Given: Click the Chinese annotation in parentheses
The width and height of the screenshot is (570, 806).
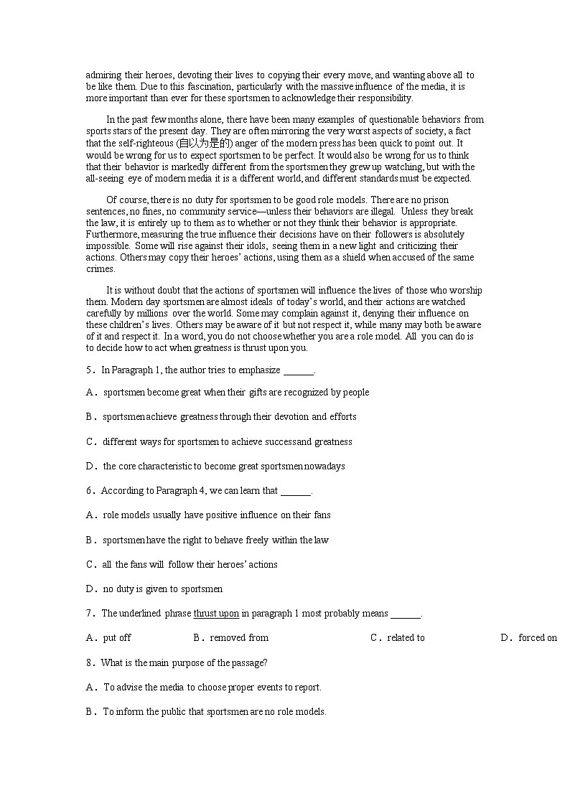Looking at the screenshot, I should (182, 144).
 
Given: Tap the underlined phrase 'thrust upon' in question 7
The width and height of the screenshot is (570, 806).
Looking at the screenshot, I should (216, 614).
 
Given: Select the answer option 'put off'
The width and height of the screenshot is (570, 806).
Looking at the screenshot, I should (117, 638).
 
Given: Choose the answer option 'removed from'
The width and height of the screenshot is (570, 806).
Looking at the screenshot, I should (239, 638).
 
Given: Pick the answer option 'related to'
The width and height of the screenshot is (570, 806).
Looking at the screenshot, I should (406, 638).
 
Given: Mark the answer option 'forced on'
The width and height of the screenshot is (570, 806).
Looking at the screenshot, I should (538, 638).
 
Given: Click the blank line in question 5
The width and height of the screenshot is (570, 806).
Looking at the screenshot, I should (298, 372).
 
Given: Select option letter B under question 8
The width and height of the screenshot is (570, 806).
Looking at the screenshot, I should (90, 712).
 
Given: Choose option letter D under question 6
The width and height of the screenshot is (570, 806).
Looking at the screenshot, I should (90, 589).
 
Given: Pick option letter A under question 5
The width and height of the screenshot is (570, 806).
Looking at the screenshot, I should (90, 393).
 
